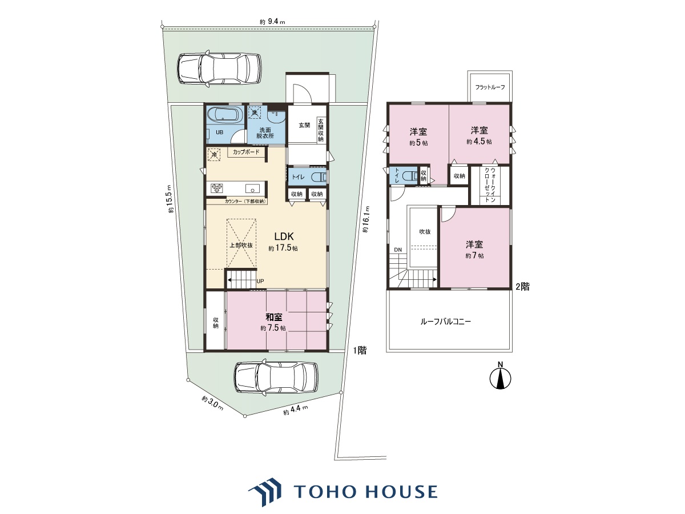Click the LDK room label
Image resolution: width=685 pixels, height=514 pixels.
click(284, 236)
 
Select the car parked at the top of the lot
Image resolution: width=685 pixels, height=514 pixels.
click(219, 69)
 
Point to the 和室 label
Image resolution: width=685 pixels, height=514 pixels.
click(273, 318)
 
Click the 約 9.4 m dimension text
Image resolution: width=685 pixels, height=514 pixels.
click(272, 22)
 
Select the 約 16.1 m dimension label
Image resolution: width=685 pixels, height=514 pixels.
click(366, 219)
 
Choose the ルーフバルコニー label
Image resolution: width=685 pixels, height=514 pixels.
click(446, 322)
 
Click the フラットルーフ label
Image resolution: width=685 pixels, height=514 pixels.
click(490, 87)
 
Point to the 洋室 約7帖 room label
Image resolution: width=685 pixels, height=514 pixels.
click(474, 249)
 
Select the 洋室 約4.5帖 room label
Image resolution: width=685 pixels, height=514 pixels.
click(479, 135)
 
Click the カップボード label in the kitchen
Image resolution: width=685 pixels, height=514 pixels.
click(246, 152)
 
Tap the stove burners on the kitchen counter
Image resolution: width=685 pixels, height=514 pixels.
click(216, 188)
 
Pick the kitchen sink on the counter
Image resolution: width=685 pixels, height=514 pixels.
click(252, 188)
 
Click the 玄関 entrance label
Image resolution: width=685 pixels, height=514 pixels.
click(304, 125)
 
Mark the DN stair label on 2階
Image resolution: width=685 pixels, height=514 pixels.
click(397, 250)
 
